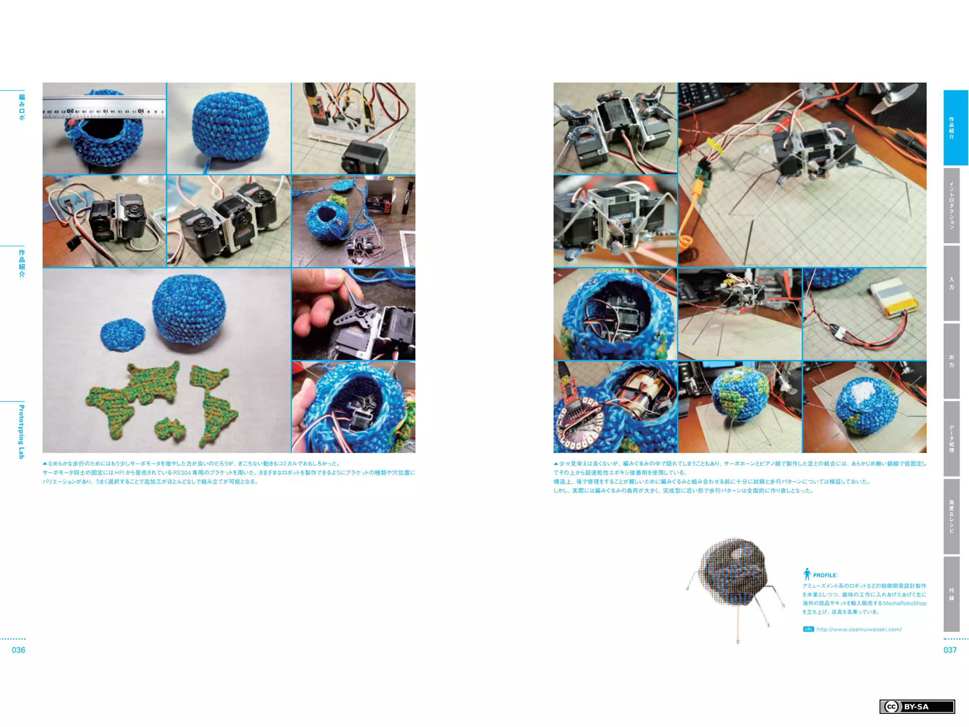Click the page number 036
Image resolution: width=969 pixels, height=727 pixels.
[18, 650]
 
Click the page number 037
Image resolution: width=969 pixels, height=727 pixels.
[950, 650]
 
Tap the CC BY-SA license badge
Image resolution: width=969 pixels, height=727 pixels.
[916, 707]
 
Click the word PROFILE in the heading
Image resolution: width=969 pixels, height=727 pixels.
[824, 575]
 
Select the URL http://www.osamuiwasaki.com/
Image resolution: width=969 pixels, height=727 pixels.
[859, 629]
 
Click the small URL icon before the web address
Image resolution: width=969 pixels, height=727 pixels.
[808, 629]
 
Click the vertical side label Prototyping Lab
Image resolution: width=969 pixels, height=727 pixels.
[21, 431]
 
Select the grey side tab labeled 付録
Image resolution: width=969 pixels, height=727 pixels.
[951, 594]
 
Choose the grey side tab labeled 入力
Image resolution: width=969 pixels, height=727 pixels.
[951, 283]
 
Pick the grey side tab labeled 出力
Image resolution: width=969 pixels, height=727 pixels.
[951, 361]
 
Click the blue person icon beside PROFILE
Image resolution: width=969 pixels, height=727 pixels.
[807, 574]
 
